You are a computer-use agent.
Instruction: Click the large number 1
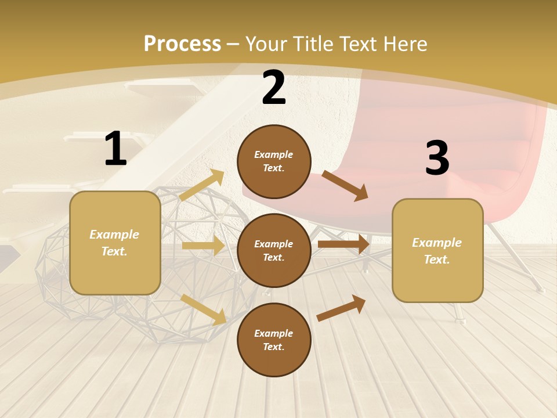(x=115, y=149)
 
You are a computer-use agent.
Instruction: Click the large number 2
(x=274, y=88)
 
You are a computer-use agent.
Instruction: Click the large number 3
(x=437, y=158)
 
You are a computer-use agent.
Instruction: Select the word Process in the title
(x=182, y=44)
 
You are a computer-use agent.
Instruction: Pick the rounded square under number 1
(x=115, y=243)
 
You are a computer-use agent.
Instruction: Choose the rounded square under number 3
(x=437, y=251)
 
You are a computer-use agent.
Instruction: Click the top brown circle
(x=274, y=161)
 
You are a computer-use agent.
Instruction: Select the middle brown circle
(x=274, y=251)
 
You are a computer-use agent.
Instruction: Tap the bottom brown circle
(x=274, y=340)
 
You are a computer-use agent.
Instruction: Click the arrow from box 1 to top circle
(x=202, y=185)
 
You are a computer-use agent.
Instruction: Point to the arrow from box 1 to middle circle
(x=203, y=246)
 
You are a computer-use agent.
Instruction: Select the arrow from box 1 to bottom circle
(x=203, y=309)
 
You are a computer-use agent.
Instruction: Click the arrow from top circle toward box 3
(x=345, y=185)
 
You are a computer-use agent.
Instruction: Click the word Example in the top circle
(x=274, y=154)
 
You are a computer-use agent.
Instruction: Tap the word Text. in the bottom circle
(x=274, y=347)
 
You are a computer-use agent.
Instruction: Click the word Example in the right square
(x=437, y=243)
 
